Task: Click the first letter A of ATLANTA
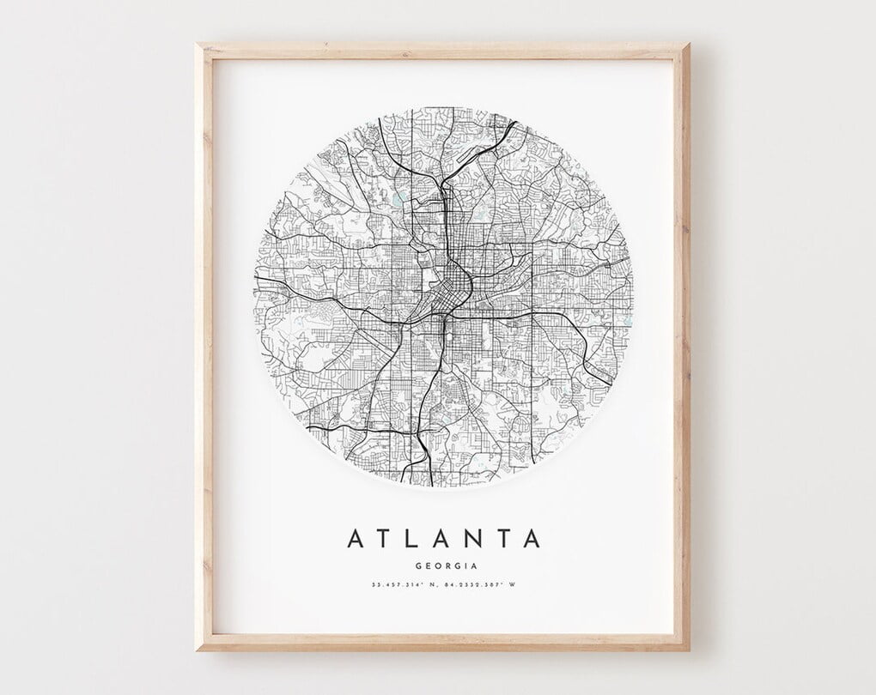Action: point(355,539)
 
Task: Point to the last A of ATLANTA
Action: point(532,539)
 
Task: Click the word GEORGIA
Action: point(445,565)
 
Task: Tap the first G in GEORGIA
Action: point(417,565)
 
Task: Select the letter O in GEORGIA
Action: point(435,565)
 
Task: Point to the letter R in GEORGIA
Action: point(445,565)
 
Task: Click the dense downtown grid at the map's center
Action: point(453,283)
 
